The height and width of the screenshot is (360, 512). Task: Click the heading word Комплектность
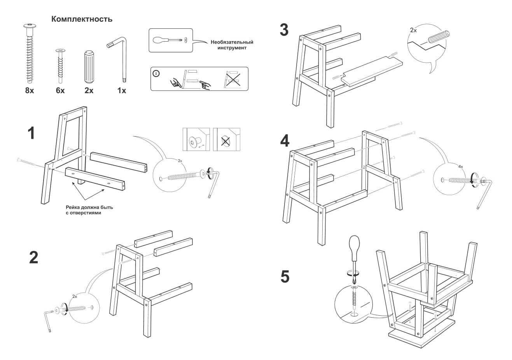pyautogui.click(x=82, y=19)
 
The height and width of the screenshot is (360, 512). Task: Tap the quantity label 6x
pyautogui.click(x=60, y=91)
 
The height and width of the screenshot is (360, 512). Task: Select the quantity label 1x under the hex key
pyautogui.click(x=121, y=91)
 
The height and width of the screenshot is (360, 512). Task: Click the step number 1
pyautogui.click(x=31, y=133)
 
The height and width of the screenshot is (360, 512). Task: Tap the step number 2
pyautogui.click(x=34, y=257)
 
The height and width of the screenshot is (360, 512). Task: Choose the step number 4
pyautogui.click(x=285, y=141)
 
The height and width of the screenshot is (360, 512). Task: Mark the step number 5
pyautogui.click(x=285, y=277)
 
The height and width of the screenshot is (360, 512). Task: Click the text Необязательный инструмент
pyautogui.click(x=232, y=45)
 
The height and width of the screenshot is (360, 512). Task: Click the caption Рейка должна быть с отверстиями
pyautogui.click(x=89, y=210)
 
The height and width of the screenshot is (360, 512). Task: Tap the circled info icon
pyautogui.click(x=156, y=73)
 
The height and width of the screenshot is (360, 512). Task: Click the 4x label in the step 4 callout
pyautogui.click(x=460, y=166)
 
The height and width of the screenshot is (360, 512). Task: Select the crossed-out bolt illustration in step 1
pyautogui.click(x=226, y=140)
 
